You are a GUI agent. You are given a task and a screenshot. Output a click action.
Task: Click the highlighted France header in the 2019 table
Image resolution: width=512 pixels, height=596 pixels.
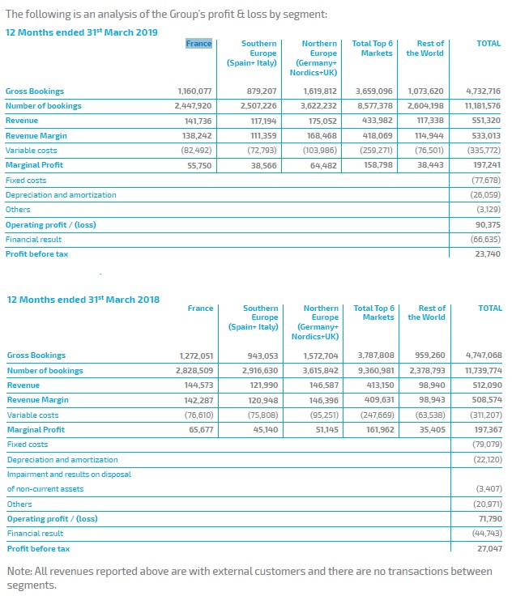tap(198, 44)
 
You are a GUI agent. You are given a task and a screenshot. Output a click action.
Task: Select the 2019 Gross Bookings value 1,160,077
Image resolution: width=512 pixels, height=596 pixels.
tap(194, 92)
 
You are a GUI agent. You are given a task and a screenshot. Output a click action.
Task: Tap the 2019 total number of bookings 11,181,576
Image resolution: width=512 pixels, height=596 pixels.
tap(483, 105)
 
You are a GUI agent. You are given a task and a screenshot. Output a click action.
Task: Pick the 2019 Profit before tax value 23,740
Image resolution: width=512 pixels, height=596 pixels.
tap(488, 254)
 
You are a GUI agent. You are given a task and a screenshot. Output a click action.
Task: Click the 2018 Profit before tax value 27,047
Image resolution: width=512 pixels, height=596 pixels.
tap(489, 548)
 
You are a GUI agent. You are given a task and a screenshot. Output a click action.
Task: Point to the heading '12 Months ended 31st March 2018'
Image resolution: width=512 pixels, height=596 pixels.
tap(83, 300)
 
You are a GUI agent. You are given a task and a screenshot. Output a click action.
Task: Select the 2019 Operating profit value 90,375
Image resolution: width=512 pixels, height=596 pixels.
tap(488, 224)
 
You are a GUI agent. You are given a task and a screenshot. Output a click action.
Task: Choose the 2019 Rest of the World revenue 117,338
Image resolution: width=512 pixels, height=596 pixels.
tap(431, 121)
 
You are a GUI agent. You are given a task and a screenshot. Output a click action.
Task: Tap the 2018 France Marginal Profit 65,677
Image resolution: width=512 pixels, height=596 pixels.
tap(201, 429)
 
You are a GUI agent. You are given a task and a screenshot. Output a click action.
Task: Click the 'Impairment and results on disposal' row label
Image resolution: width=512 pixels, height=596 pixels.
tap(69, 475)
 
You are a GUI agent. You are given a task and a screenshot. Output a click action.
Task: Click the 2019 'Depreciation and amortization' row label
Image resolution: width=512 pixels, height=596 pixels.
tap(61, 195)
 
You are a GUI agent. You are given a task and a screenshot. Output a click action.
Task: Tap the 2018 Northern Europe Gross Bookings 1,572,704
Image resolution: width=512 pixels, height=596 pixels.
tap(321, 355)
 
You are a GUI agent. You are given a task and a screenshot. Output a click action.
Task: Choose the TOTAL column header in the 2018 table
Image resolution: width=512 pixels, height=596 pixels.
tap(490, 309)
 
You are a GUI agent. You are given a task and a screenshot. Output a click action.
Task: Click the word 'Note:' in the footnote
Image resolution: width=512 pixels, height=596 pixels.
tap(19, 571)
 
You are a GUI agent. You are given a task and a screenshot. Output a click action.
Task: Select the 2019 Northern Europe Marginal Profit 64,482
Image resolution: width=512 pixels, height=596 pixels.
tap(324, 166)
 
